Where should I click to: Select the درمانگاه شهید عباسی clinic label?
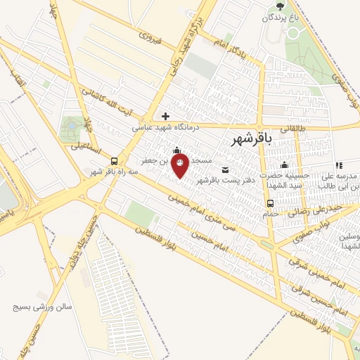click(x=167, y=127)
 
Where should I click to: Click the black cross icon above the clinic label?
click(x=165, y=116)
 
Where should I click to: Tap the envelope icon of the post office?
click(x=225, y=169)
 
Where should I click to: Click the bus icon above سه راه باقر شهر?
click(x=113, y=161)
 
